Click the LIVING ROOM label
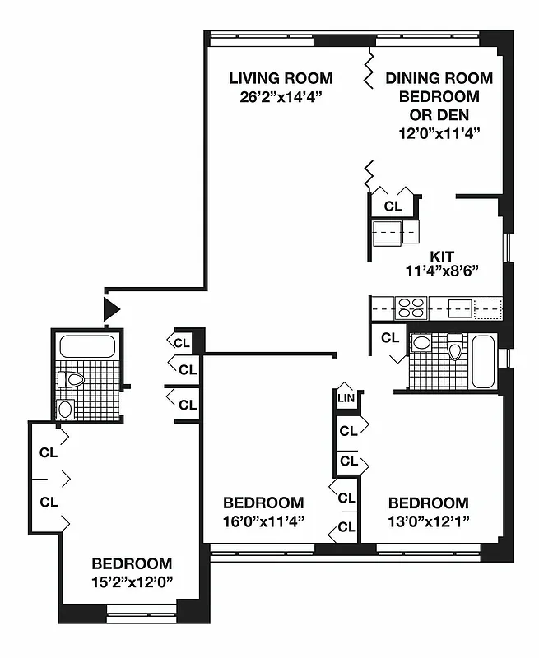281,79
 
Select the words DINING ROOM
439,79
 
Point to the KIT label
442,255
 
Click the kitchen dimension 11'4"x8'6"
442,270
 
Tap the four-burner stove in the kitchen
411,308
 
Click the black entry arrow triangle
111,309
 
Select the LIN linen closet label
345,398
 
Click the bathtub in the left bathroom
86,346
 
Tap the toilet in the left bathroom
73,380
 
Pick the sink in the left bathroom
67,408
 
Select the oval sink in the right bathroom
421,343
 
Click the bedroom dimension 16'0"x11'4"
263,520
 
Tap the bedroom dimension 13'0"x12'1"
429,520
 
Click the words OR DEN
439,114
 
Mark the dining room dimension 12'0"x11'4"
439,132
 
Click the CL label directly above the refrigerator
393,206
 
